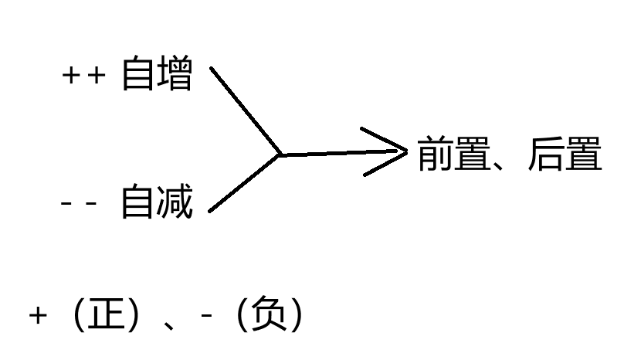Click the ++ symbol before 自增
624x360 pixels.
point(82,77)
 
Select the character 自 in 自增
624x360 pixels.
point(138,76)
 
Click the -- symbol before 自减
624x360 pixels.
point(79,204)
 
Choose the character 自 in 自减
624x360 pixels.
point(138,203)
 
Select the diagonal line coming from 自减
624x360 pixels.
point(244,183)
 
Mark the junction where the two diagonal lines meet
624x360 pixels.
point(280,155)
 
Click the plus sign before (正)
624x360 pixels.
point(38,316)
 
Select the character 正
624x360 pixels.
point(107,314)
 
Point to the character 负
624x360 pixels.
point(266,314)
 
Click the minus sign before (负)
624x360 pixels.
point(206,317)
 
